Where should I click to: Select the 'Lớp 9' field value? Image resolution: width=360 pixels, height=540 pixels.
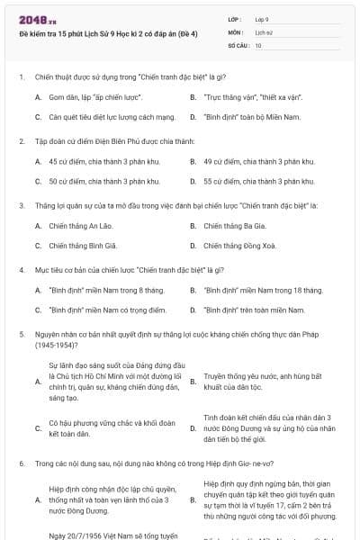click(262, 18)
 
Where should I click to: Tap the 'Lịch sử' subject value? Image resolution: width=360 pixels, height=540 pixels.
click(264, 31)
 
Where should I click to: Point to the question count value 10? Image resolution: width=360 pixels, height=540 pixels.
click(258, 44)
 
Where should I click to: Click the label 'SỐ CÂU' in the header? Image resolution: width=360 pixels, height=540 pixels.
click(238, 44)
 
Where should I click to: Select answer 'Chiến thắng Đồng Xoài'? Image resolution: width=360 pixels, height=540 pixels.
click(239, 245)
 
